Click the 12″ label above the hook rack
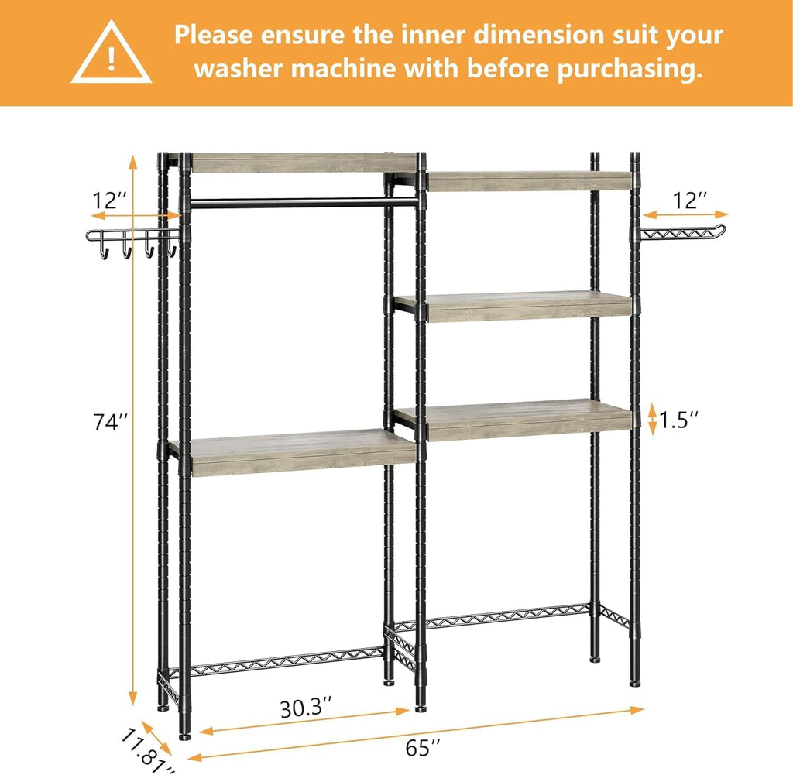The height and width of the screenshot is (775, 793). [x=109, y=200]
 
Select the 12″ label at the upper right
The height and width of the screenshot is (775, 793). [x=689, y=200]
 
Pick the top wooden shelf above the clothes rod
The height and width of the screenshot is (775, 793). [x=302, y=163]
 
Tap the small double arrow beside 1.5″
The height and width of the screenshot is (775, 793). [x=652, y=419]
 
